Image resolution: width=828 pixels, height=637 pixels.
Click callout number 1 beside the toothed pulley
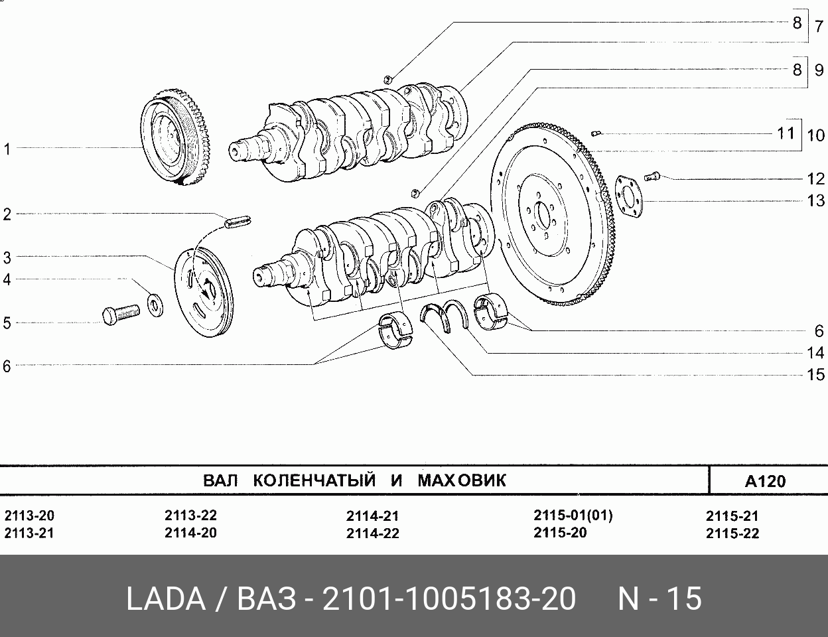click(x=7, y=149)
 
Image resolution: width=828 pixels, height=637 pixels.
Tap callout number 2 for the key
click(x=7, y=214)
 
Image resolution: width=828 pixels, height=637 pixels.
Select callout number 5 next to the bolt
click(x=7, y=323)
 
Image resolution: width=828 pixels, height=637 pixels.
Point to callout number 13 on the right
click(x=815, y=200)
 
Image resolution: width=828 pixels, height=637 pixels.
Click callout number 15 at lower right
click(x=815, y=374)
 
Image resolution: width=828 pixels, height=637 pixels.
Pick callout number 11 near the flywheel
click(x=786, y=133)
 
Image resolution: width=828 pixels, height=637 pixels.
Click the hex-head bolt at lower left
click(x=121, y=315)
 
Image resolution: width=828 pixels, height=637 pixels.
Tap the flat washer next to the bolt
click(x=155, y=305)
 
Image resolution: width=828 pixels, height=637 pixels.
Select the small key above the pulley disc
click(x=238, y=221)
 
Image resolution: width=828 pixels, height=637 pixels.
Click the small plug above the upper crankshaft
click(x=387, y=80)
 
